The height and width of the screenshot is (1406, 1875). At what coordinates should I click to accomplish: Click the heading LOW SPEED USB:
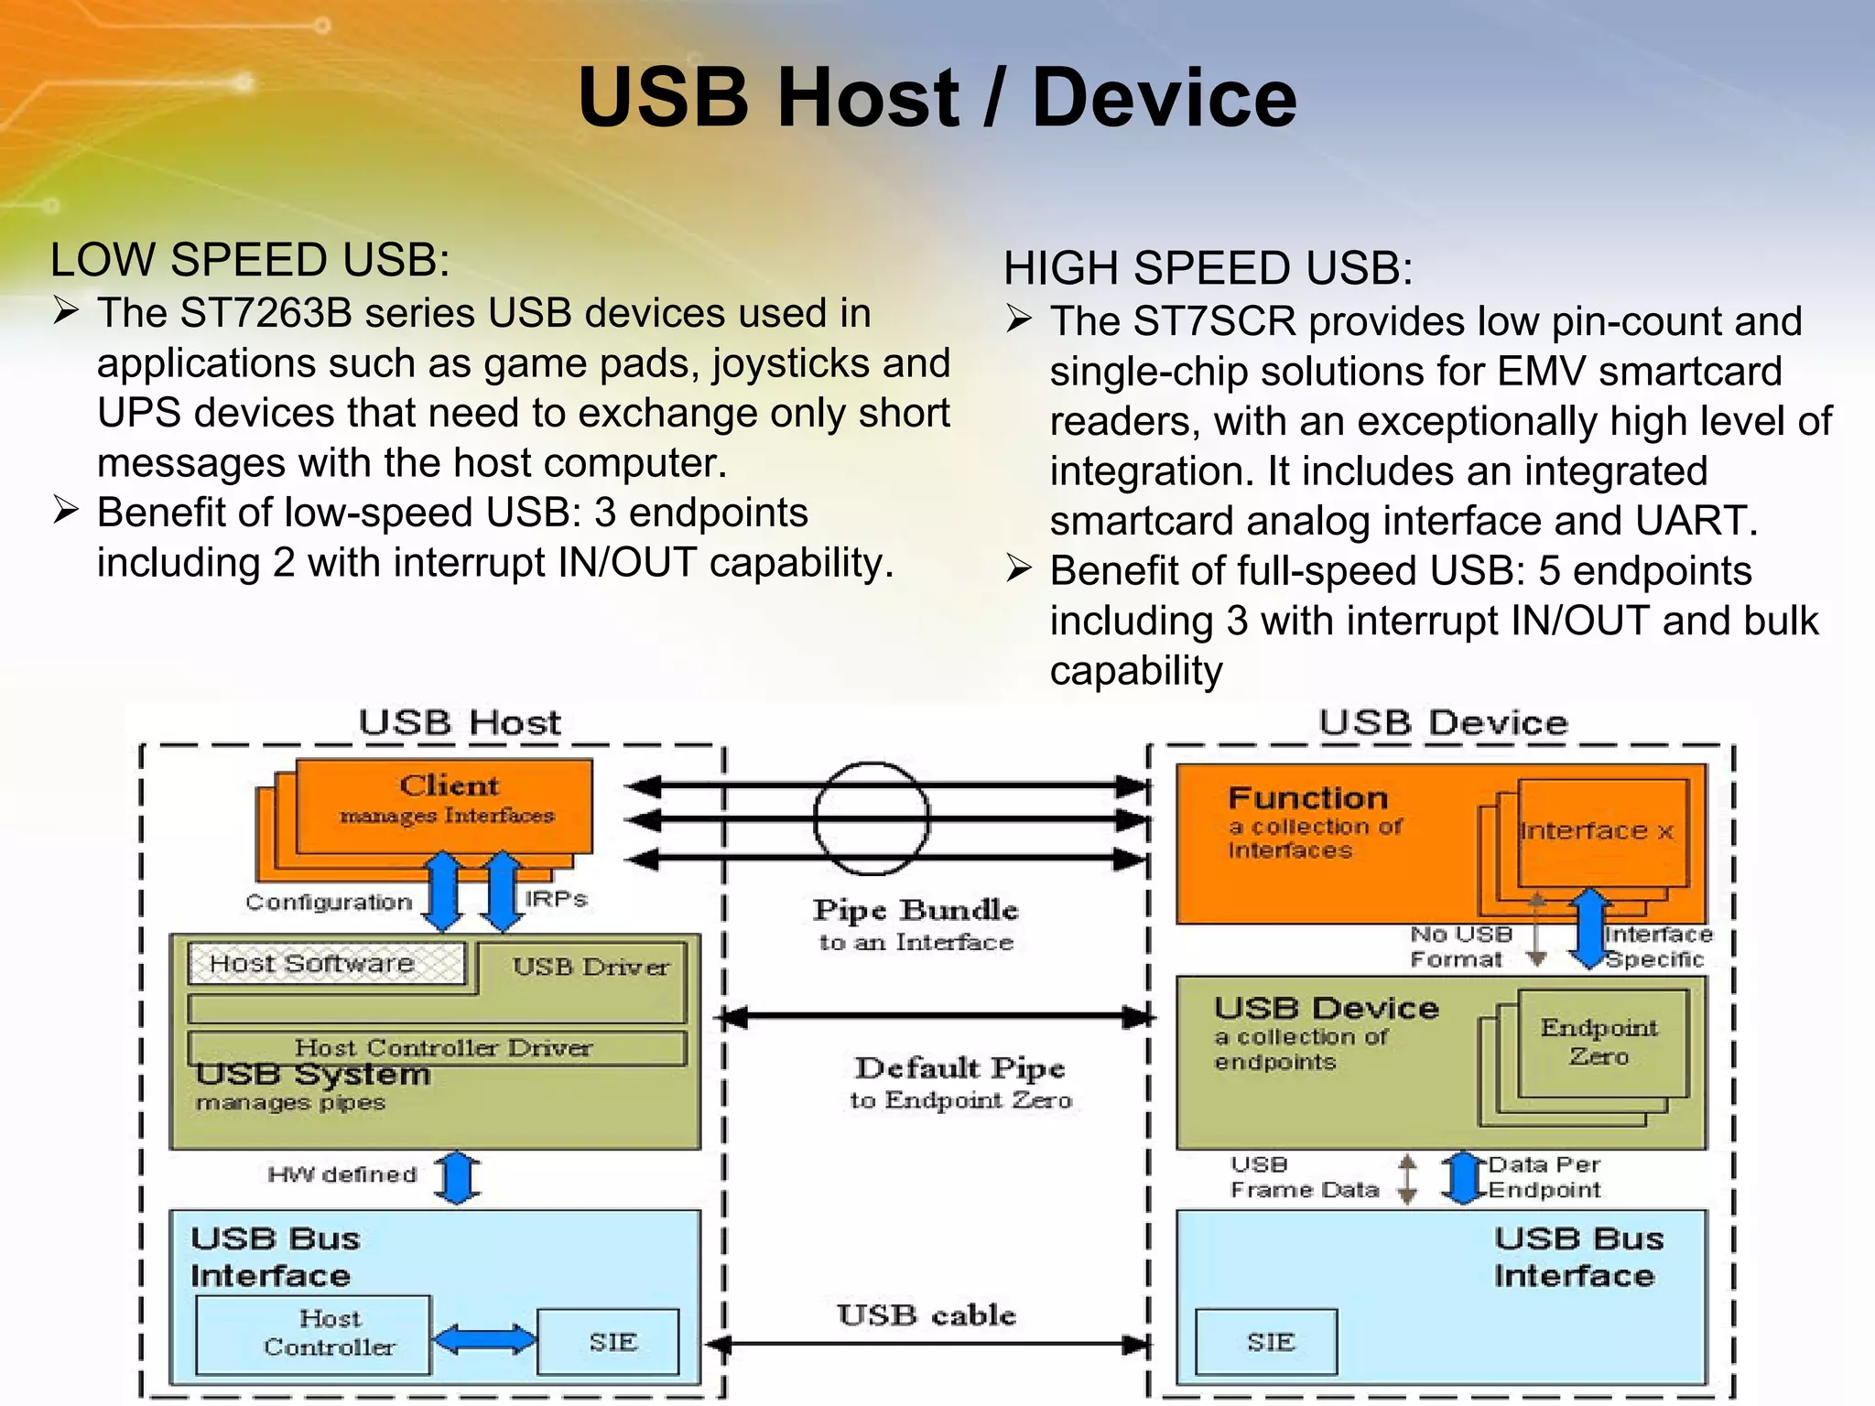pyautogui.click(x=250, y=260)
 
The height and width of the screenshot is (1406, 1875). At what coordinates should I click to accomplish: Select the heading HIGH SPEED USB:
pyautogui.click(x=1208, y=268)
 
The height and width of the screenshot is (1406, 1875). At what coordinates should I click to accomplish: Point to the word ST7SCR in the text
pyautogui.click(x=1214, y=322)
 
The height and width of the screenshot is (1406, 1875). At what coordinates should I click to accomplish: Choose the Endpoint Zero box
pyautogui.click(x=1601, y=1043)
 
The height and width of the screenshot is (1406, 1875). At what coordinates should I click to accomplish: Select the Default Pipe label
pyautogui.click(x=959, y=1068)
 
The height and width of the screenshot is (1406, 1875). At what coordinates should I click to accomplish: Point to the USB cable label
pyautogui.click(x=926, y=1315)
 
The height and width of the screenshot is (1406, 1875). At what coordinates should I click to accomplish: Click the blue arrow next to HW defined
pyautogui.click(x=457, y=1177)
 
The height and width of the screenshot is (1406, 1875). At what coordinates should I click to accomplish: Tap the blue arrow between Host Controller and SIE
pyautogui.click(x=484, y=1340)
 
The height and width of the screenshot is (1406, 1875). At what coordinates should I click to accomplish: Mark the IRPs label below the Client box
pyautogui.click(x=556, y=899)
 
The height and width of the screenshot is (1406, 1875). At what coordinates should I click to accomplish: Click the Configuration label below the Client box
pyautogui.click(x=329, y=903)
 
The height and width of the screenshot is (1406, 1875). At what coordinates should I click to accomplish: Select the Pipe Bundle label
pyautogui.click(x=916, y=910)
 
